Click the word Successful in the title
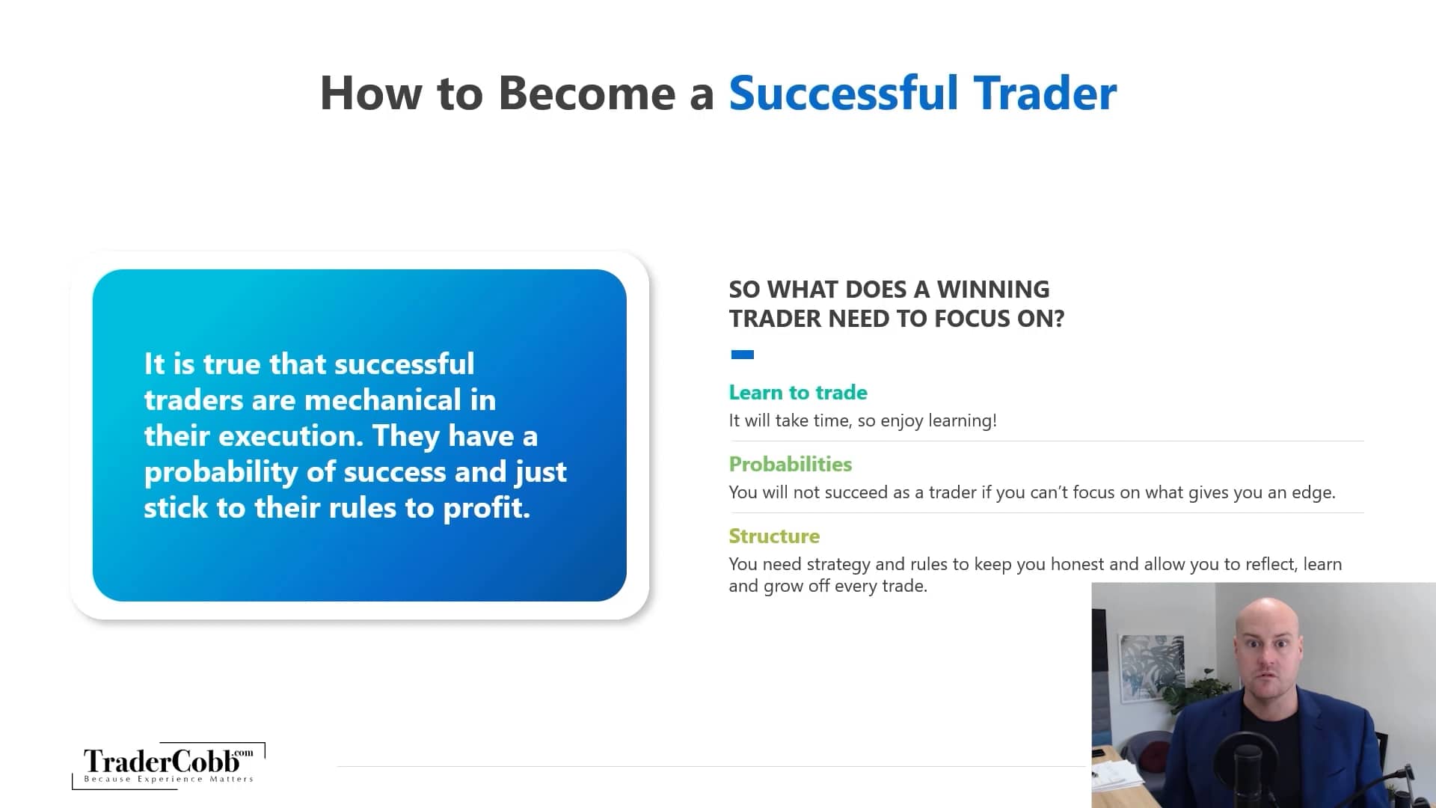(843, 94)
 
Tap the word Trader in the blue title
(1045, 94)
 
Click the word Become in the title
(586, 94)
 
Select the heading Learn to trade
(798, 392)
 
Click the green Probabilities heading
(790, 464)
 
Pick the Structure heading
(774, 536)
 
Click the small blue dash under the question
(742, 355)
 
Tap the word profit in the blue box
(485, 509)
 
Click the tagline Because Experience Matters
(168, 779)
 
